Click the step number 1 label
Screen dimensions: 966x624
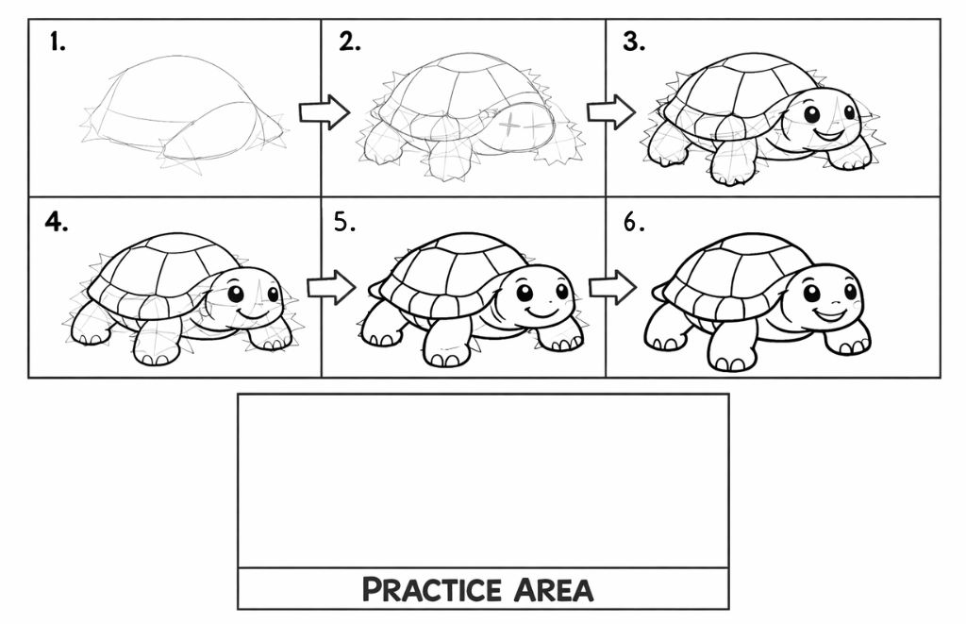coord(58,42)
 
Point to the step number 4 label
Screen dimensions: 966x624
coord(56,222)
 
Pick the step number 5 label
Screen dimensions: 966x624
coord(345,222)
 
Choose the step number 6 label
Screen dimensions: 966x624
coord(634,222)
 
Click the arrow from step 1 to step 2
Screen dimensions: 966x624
coord(325,112)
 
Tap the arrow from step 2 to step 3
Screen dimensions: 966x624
coord(611,112)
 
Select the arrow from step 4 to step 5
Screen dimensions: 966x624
coord(331,287)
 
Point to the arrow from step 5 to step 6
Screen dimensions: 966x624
coord(612,287)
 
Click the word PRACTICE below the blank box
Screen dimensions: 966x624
coord(431,589)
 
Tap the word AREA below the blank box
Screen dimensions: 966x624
coord(553,589)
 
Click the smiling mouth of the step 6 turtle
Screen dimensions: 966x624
coord(830,314)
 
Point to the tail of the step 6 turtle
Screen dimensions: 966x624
coord(658,293)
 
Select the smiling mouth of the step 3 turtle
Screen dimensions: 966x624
coord(828,133)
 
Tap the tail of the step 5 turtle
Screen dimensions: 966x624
coord(375,289)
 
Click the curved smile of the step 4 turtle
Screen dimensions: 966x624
coord(253,314)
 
